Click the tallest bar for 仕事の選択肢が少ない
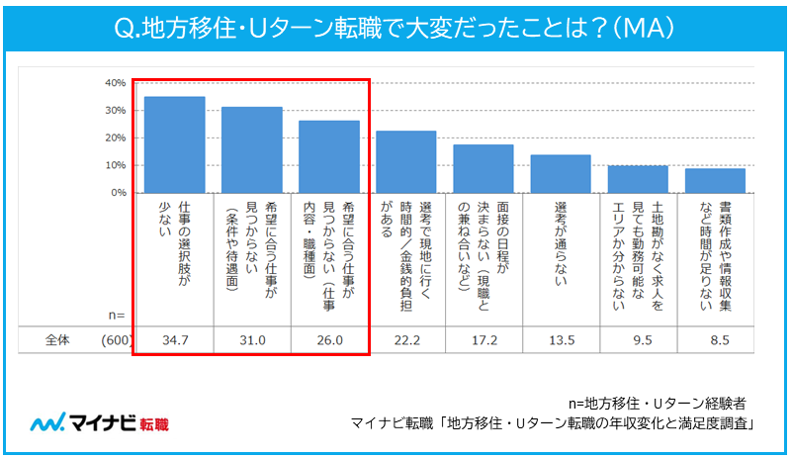coord(174,144)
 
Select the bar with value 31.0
coord(251,149)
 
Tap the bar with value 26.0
coord(329,156)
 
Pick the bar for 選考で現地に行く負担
coord(406,161)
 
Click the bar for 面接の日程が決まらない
coord(484,168)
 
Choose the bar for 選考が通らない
coord(561,173)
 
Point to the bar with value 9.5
coord(638,179)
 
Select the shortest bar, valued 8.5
coord(715,180)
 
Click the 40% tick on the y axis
coord(114,82)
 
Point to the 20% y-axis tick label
coord(114,138)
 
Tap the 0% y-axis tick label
coord(117,192)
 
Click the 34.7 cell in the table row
coord(174,339)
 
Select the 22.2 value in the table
coord(406,339)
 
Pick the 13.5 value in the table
coord(561,339)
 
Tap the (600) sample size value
coord(116,339)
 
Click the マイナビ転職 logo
coord(99,423)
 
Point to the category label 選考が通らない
coord(561,252)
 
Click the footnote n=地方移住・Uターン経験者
coord(658,404)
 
